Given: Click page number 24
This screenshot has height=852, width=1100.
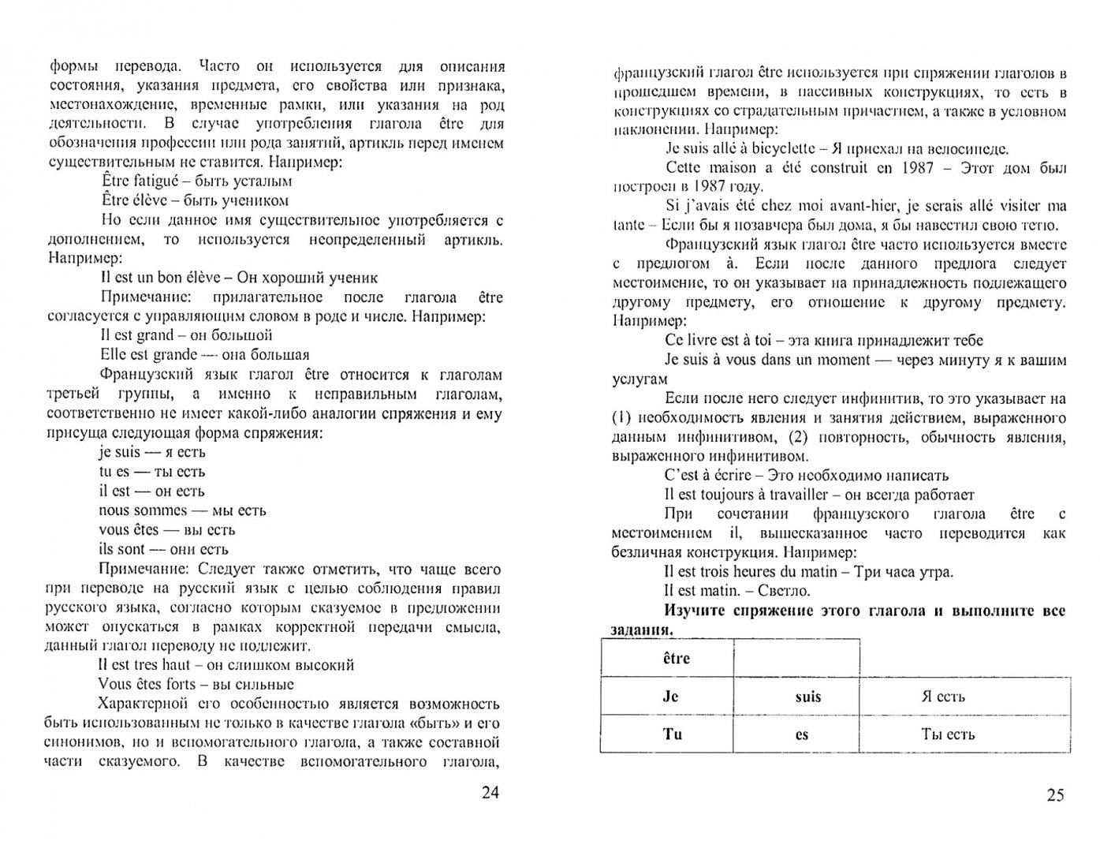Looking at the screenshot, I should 490,793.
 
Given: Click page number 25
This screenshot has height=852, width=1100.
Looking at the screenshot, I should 1055,795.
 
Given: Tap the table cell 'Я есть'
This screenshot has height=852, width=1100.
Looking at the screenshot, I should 942,697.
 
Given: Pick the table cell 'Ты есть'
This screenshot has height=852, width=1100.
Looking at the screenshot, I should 947,734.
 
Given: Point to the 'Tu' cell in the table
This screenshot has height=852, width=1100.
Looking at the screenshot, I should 672,734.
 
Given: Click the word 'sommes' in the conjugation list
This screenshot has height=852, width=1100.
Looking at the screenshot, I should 161,510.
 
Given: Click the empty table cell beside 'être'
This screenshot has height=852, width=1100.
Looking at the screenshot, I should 796,658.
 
